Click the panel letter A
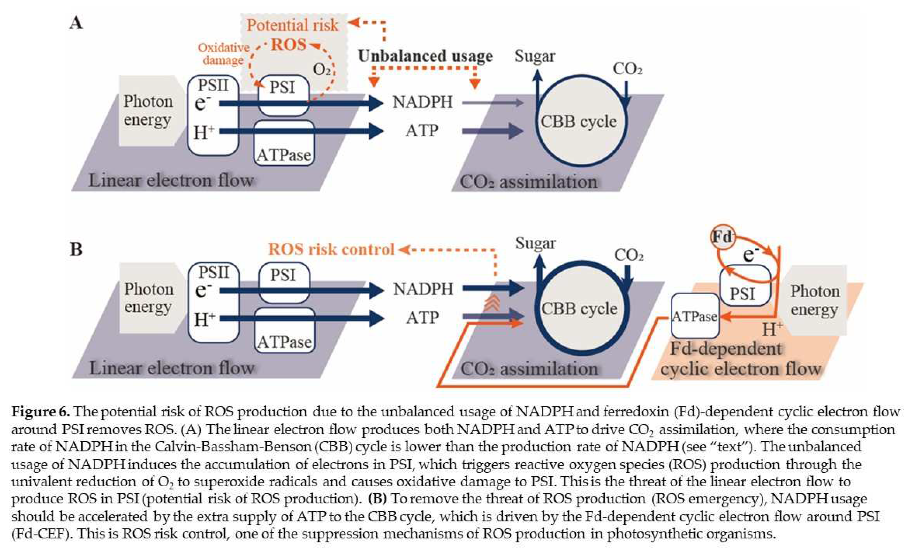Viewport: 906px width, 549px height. (76, 23)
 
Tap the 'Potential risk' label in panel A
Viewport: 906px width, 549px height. (292, 25)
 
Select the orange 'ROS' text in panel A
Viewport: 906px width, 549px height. (289, 45)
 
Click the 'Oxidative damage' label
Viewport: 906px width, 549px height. (223, 54)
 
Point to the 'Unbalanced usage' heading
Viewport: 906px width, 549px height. (425, 56)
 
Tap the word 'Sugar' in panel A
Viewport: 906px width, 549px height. (535, 56)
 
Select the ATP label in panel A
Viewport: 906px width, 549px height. (422, 131)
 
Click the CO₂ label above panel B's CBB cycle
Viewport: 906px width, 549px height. (629, 255)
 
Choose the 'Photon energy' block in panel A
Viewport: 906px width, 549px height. (148, 111)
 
